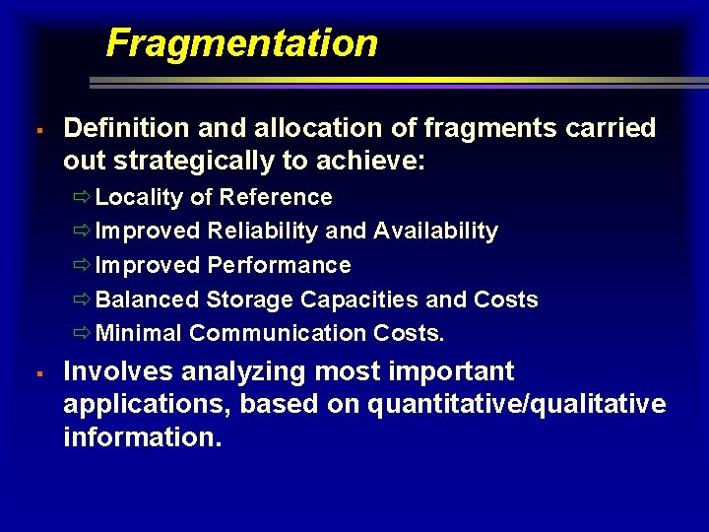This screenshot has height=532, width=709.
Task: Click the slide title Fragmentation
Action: pos(241,43)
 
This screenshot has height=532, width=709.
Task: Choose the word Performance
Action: pos(279,266)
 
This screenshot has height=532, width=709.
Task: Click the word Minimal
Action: pos(139,333)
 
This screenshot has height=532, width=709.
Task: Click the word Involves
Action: pos(114,371)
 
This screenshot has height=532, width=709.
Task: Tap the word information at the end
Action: pos(142,436)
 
